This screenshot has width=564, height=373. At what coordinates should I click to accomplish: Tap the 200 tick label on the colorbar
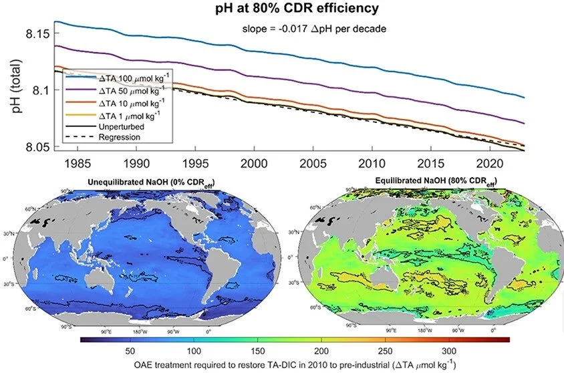point(321,351)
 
